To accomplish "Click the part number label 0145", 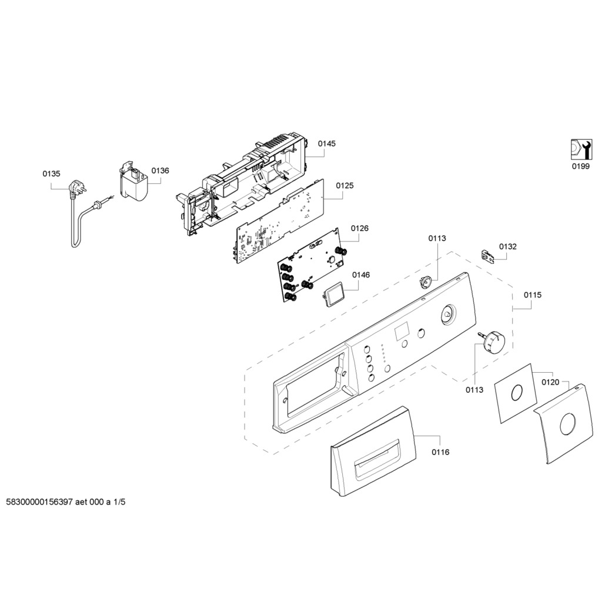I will (x=327, y=143).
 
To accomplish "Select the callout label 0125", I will (x=345, y=186).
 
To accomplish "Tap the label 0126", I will (x=360, y=228).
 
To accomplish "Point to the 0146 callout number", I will (x=361, y=275).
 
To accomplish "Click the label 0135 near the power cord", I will (x=51, y=173).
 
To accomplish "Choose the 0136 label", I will (x=160, y=170).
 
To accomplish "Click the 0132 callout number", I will (x=508, y=246).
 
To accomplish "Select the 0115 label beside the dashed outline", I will (x=533, y=295).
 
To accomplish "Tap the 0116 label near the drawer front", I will (x=440, y=452).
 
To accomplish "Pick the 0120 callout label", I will (x=550, y=382).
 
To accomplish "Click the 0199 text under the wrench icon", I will (x=580, y=166).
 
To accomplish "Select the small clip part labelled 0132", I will (x=486, y=255).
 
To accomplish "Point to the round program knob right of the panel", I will (x=491, y=340).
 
